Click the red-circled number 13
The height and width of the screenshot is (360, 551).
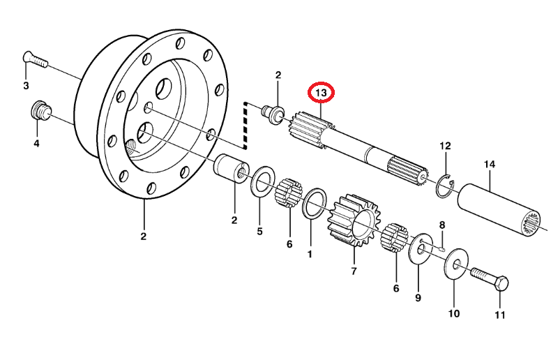point(322,92)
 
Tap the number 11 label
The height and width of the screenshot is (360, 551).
point(499,315)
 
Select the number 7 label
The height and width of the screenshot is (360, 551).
point(354,271)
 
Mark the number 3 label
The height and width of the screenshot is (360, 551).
point(26,86)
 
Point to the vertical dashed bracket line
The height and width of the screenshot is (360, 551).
point(246,126)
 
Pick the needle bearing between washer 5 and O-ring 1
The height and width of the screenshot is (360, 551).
point(288,193)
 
